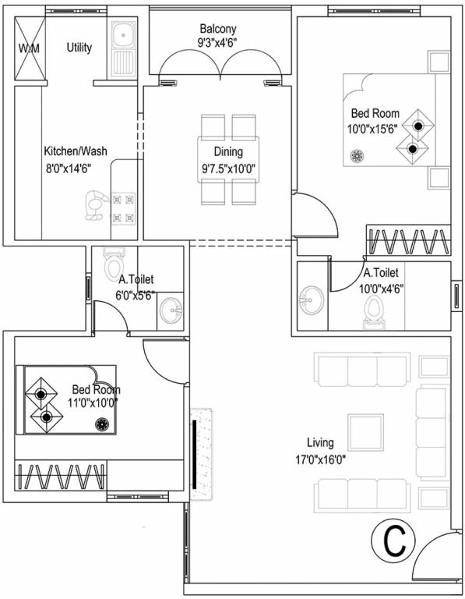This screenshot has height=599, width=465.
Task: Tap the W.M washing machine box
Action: (29, 50)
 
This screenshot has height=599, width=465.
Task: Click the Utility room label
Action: (79, 48)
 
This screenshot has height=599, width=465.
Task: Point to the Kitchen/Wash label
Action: (76, 151)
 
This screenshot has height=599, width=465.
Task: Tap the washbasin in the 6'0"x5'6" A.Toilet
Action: (171, 310)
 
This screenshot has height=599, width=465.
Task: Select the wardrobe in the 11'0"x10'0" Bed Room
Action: (61, 474)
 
